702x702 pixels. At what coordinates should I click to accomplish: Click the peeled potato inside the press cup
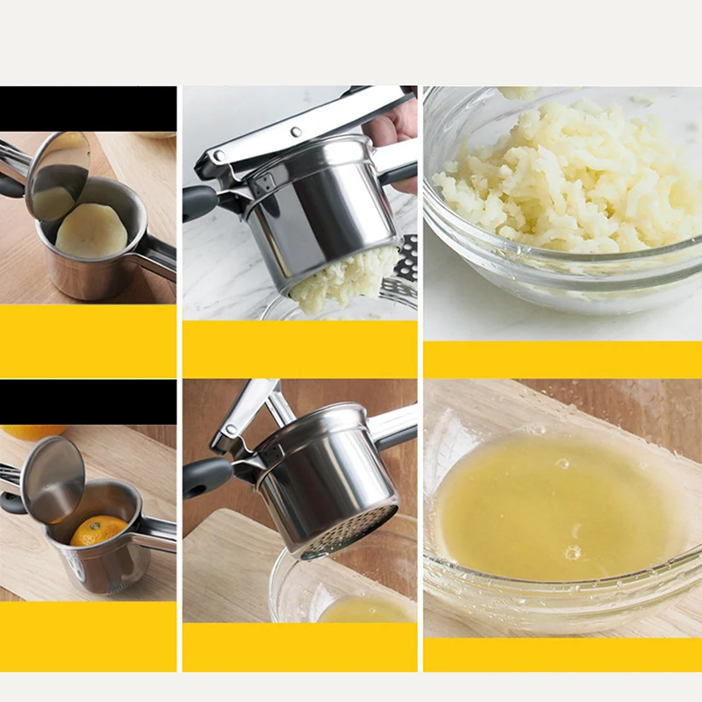90,231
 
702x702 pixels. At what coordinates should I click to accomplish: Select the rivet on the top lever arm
296,132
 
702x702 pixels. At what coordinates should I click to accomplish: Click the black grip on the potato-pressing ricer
199,204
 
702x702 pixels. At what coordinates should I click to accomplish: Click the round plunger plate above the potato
57,175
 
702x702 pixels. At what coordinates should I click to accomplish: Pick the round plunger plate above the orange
53,478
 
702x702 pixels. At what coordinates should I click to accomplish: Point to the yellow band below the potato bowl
562,360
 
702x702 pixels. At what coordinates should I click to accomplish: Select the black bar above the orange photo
88,401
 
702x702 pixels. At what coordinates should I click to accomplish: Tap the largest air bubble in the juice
572,552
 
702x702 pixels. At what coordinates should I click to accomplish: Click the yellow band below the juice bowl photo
562,655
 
